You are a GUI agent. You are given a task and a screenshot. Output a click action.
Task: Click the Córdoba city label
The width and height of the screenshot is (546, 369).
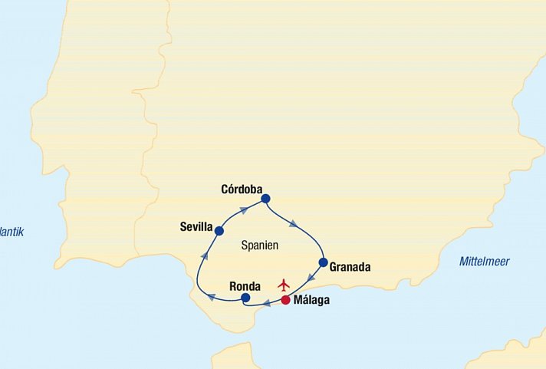click(241, 189)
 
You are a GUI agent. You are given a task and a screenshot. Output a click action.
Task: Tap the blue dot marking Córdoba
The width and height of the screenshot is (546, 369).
click(265, 199)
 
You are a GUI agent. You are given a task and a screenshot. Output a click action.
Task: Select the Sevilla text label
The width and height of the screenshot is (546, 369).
click(196, 226)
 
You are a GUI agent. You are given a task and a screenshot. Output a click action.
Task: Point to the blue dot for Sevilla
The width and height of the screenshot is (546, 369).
click(219, 230)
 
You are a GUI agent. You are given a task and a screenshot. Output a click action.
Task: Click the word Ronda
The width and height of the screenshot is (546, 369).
click(245, 287)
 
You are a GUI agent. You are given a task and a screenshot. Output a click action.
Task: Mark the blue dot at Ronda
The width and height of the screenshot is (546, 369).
click(245, 298)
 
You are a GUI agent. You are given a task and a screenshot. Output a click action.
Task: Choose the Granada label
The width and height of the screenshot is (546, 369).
click(350, 268)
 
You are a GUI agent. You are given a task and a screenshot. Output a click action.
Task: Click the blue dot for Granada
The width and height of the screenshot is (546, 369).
click(323, 262)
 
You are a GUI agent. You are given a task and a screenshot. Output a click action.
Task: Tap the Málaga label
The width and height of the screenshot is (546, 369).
click(311, 301)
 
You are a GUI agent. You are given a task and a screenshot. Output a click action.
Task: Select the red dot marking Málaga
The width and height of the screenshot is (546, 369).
click(285, 300)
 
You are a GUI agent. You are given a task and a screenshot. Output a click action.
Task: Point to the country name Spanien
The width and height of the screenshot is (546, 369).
click(259, 246)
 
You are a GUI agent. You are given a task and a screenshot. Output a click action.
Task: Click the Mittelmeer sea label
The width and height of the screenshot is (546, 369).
click(484, 262)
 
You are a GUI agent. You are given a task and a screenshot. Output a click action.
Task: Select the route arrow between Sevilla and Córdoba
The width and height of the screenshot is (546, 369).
click(243, 209)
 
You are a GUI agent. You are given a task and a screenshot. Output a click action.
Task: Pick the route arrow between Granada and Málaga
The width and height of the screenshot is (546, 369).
click(311, 278)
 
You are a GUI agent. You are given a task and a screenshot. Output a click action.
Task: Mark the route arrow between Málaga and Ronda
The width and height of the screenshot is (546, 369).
click(266, 304)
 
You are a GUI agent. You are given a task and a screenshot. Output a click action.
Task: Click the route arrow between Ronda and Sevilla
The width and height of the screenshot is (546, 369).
click(204, 255)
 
